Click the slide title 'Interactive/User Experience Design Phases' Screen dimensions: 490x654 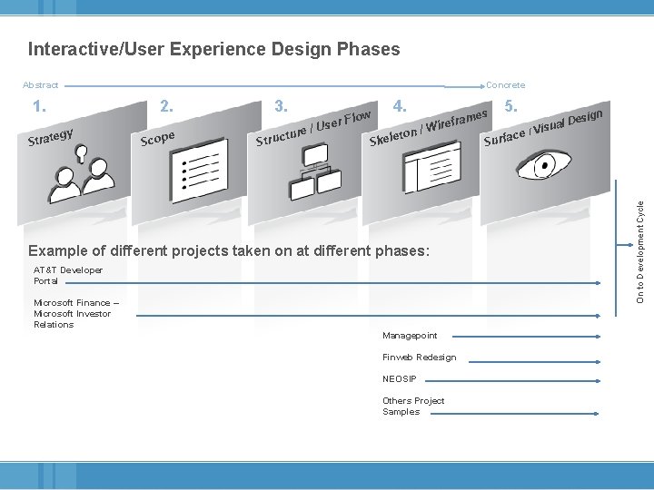(x=213, y=49)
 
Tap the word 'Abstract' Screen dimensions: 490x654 (x=40, y=85)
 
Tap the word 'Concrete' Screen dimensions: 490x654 (x=505, y=85)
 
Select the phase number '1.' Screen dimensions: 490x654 (x=40, y=106)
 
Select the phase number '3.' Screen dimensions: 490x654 (x=282, y=106)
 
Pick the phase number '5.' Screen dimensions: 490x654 (x=511, y=106)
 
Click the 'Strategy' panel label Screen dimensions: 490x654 (x=50, y=137)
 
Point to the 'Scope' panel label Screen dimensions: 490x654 (x=157, y=138)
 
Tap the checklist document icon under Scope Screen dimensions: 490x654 (x=197, y=172)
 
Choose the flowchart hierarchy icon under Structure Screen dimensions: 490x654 (x=312, y=174)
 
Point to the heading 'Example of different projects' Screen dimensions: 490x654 (x=228, y=250)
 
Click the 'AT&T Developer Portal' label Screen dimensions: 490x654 (x=68, y=275)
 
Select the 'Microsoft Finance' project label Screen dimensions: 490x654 (x=73, y=313)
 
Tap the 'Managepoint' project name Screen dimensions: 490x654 (x=410, y=336)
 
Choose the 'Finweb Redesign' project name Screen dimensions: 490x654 (x=419, y=358)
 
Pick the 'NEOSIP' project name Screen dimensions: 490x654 (x=399, y=378)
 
